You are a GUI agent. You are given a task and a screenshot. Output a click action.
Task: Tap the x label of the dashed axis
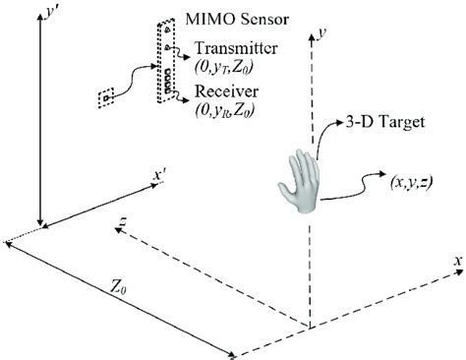[455, 261]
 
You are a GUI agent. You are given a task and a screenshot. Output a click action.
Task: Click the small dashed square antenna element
[106, 97]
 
